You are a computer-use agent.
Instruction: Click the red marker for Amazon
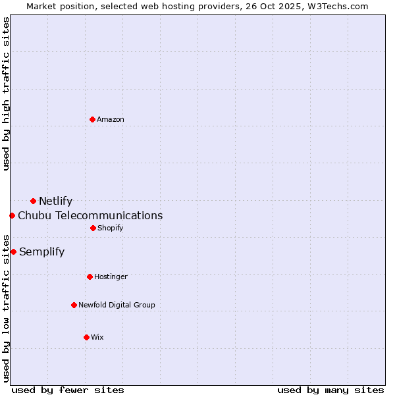92,119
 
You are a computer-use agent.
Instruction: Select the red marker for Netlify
33,201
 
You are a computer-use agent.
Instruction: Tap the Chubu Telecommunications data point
12,215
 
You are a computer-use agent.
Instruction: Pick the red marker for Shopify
93,228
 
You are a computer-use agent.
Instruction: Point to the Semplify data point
13,251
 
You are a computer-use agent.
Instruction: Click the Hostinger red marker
90,276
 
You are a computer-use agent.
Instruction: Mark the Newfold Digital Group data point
74,305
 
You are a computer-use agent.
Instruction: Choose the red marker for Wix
86,337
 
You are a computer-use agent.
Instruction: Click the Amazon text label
111,119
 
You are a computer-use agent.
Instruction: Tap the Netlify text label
55,201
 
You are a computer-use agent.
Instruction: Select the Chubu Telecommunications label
90,216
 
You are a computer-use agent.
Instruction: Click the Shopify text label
111,228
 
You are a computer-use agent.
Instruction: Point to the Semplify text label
41,252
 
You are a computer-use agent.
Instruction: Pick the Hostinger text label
111,277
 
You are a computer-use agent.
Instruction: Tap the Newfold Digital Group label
117,305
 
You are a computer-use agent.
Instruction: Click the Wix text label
97,338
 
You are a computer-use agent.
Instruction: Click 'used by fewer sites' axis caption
68,390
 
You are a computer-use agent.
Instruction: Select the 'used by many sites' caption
330,390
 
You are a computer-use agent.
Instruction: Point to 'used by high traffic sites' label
6,93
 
